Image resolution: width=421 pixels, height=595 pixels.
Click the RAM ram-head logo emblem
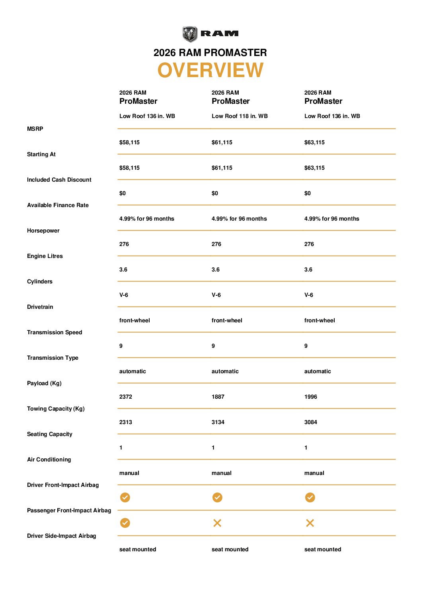point(190,34)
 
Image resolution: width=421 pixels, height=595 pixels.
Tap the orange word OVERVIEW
point(210,70)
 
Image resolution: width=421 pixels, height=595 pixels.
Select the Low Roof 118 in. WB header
point(240,116)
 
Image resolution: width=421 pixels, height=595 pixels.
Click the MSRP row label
point(35,129)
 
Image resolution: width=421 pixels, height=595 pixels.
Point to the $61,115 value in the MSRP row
point(222,142)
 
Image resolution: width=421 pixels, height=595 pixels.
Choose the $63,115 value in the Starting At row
point(314,168)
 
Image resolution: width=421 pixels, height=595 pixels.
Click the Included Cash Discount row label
point(59,180)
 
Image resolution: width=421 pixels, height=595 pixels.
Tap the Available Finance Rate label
point(58,205)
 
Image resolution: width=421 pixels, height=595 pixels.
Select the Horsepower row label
point(43,231)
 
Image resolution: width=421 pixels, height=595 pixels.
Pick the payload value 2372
point(126,397)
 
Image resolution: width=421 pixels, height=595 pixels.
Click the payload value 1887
point(218,397)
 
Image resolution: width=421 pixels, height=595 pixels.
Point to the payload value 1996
point(311,397)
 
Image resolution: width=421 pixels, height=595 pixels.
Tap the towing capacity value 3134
point(218,422)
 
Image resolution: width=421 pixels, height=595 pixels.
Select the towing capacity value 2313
point(126,422)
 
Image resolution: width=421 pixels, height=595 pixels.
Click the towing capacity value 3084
point(311,422)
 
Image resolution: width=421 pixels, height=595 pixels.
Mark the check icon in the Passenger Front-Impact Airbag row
point(125,523)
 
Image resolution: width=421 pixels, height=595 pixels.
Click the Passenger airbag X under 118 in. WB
point(217,523)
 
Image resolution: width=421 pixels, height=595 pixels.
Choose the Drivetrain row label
point(40,307)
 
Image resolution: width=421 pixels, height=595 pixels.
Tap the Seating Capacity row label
point(50,434)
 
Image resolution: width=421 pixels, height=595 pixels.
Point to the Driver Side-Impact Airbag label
point(62,536)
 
